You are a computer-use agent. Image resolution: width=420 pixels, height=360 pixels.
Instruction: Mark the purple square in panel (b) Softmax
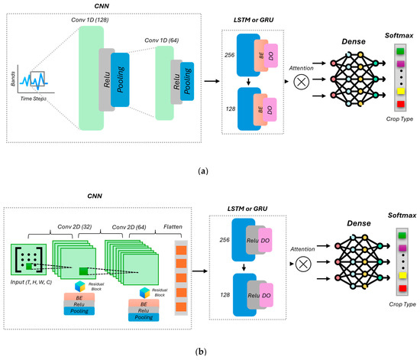coord(399,247)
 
